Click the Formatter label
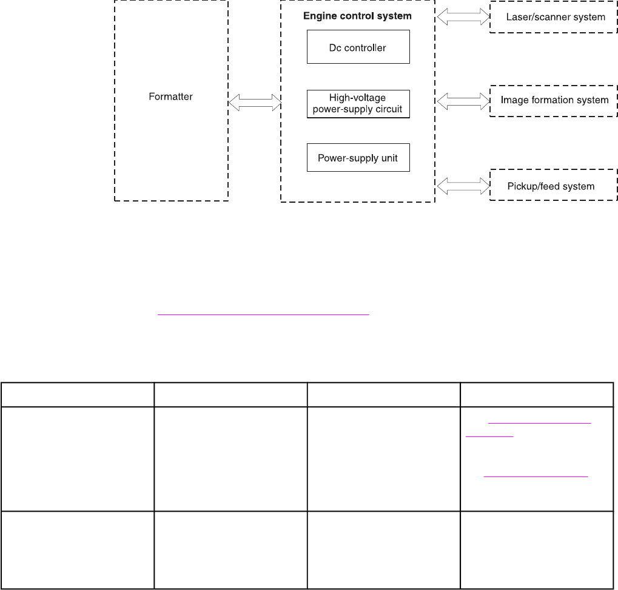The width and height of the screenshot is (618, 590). pyautogui.click(x=171, y=97)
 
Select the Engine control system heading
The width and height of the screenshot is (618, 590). pyautogui.click(x=357, y=16)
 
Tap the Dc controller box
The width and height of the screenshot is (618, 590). pyautogui.click(x=358, y=47)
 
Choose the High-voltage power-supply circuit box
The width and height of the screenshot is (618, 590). pyautogui.click(x=358, y=104)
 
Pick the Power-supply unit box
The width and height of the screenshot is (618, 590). pyautogui.click(x=358, y=157)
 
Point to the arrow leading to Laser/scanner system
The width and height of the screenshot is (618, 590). pyautogui.click(x=463, y=17)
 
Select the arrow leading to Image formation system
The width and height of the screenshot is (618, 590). pyautogui.click(x=463, y=100)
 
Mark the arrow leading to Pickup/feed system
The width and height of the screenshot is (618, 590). pyautogui.click(x=463, y=186)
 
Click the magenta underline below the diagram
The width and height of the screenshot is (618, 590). pyautogui.click(x=263, y=314)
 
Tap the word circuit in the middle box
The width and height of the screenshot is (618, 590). pyautogui.click(x=388, y=110)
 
